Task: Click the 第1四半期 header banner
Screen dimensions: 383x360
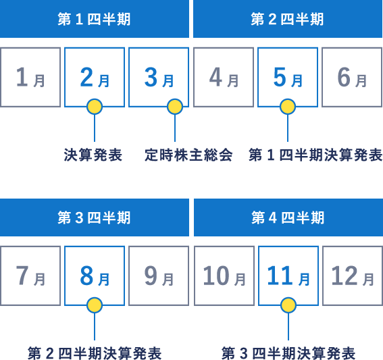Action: pos(95,19)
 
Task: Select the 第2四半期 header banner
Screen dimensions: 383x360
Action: pos(288,19)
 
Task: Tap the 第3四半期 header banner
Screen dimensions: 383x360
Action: pos(95,217)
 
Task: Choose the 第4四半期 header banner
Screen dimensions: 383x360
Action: pos(288,217)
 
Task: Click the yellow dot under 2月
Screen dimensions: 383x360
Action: pos(95,107)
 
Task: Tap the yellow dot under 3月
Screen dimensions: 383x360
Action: pos(175,107)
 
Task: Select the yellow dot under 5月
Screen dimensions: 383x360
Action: pos(288,107)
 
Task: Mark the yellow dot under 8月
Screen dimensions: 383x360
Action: pos(95,305)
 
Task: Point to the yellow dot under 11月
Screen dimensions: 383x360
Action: pos(288,305)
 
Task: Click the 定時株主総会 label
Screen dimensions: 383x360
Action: pos(188,155)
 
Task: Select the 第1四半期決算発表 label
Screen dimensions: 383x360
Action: pos(315,155)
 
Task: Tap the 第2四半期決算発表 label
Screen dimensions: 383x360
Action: pos(95,353)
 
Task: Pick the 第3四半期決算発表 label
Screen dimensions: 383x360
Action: pos(288,353)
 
